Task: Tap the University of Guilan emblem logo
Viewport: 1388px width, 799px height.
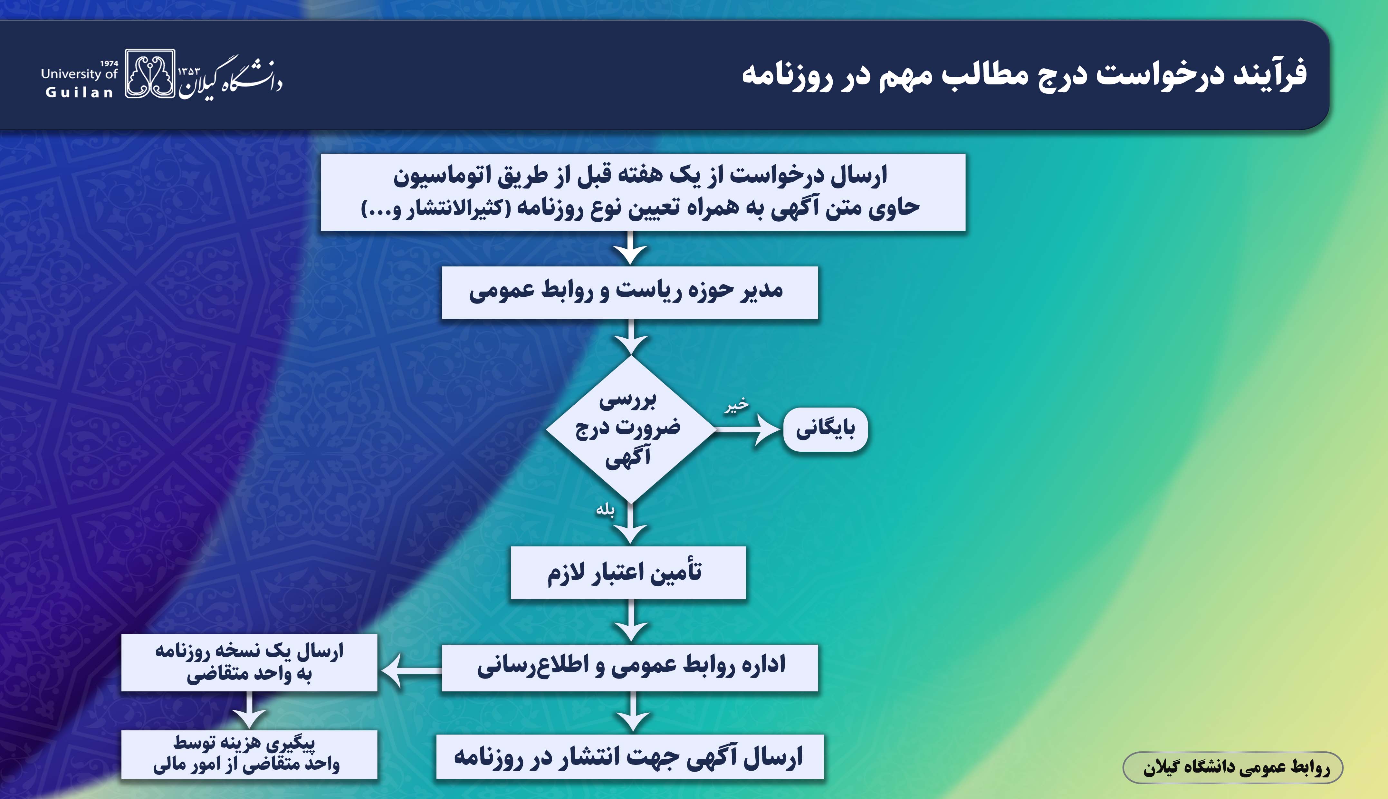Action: [x=150, y=73]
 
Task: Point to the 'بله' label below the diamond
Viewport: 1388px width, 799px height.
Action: [x=605, y=510]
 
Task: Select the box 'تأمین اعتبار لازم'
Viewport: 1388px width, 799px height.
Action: [x=628, y=573]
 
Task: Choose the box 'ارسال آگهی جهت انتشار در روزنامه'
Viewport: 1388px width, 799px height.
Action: [x=630, y=756]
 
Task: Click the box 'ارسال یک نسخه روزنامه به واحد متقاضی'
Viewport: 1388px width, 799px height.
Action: [x=249, y=662]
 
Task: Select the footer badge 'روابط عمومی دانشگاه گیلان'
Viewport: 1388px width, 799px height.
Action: [x=1233, y=767]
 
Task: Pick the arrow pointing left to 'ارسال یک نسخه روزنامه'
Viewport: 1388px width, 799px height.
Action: [x=411, y=670]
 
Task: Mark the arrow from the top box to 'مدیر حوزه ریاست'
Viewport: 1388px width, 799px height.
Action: [x=631, y=248]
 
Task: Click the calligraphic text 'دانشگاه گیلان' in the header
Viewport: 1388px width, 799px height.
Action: [x=230, y=77]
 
